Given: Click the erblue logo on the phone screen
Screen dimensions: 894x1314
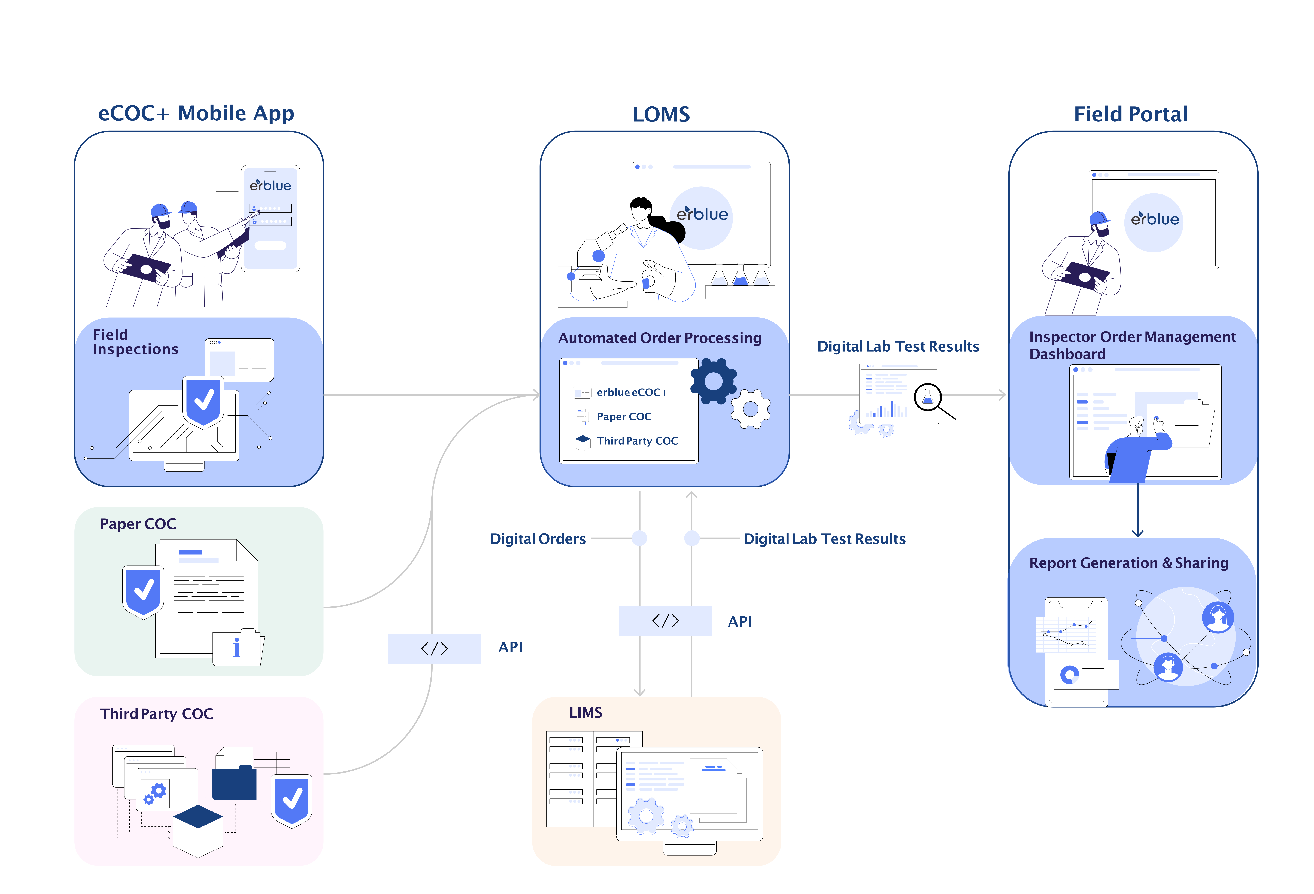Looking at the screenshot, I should [270, 185].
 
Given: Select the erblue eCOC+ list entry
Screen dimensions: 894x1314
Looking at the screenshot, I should [632, 392].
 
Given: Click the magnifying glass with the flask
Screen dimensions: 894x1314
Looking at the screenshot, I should [928, 397].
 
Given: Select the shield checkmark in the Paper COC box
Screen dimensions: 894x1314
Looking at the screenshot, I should [143, 591].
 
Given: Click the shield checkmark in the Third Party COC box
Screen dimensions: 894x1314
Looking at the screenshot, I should [292, 800].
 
